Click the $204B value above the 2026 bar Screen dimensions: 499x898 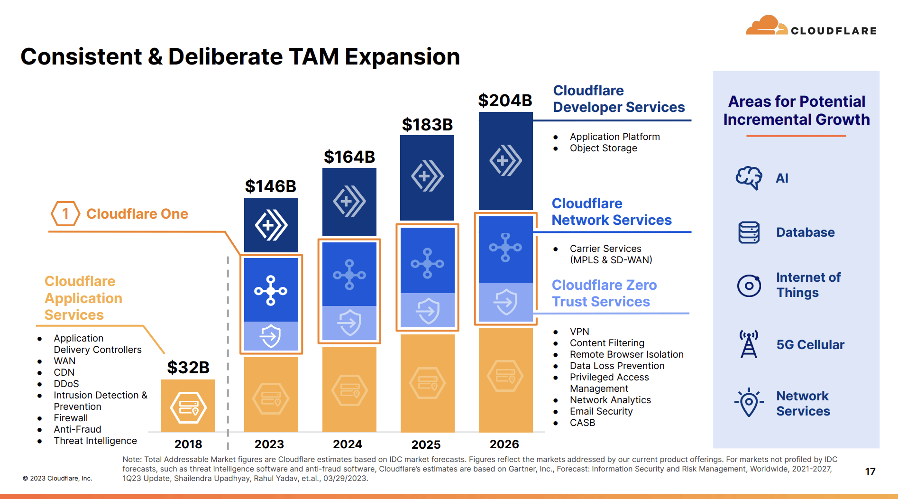[x=505, y=101]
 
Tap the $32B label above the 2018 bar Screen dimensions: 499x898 [x=188, y=368]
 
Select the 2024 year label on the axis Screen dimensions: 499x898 [x=348, y=444]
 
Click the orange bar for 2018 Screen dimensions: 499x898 [x=188, y=406]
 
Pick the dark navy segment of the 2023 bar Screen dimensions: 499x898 [x=271, y=225]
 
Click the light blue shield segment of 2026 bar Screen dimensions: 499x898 [x=505, y=302]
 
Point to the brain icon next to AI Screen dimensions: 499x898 [x=749, y=178]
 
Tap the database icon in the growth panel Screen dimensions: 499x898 [x=749, y=232]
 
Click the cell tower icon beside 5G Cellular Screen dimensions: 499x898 [x=749, y=344]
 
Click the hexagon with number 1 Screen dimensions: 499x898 [x=65, y=214]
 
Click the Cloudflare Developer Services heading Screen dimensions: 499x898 [x=618, y=99]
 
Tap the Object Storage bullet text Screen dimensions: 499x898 [x=603, y=148]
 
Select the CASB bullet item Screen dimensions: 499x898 [x=582, y=423]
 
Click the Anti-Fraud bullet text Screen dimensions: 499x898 [x=77, y=429]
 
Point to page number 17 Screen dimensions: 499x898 [x=870, y=471]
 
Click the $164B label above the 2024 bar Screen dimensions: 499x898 [x=349, y=157]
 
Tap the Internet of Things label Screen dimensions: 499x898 [x=808, y=285]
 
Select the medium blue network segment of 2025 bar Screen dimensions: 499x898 [x=427, y=261]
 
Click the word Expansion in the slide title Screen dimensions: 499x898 [x=402, y=57]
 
